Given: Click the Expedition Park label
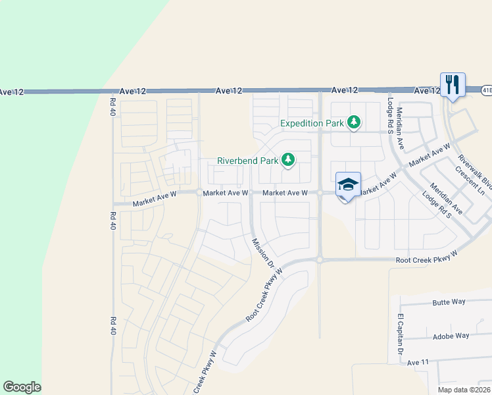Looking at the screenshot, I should (x=312, y=123).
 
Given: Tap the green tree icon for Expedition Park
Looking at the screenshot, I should (x=354, y=122).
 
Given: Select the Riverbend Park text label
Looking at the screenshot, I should (x=247, y=161).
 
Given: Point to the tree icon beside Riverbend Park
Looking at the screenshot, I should (x=287, y=159).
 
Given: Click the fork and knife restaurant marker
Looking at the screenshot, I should (x=453, y=85).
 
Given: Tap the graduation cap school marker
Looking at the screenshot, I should (x=348, y=184).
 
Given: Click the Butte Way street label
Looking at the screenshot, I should (x=449, y=302).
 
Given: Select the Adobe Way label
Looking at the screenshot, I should (x=451, y=336).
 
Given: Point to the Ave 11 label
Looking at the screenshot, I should (x=418, y=362).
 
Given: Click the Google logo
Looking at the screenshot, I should (x=22, y=387).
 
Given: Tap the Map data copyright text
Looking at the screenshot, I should (x=462, y=390).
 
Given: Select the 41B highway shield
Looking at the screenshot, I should (x=486, y=89).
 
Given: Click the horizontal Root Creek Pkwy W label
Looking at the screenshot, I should (x=426, y=261).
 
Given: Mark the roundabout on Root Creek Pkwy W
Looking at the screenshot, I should (x=319, y=260).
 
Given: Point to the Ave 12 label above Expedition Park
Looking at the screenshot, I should (x=345, y=90).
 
